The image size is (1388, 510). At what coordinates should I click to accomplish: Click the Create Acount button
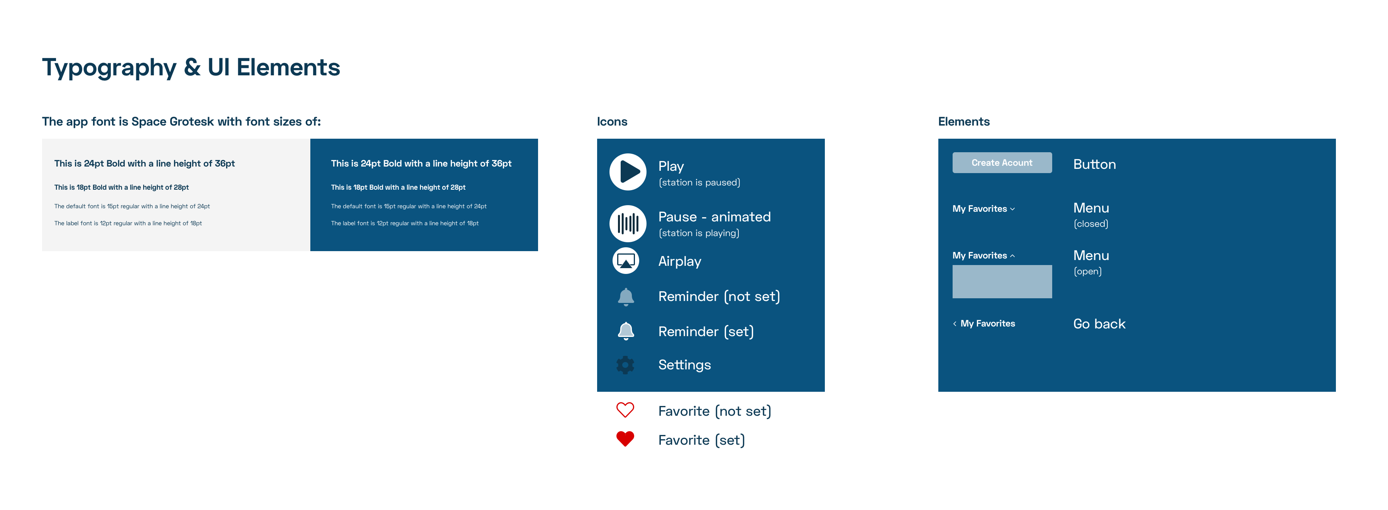coord(1002,163)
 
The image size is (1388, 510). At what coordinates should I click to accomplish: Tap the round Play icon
coord(628,172)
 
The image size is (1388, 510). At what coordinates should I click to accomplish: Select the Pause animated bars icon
coord(628,223)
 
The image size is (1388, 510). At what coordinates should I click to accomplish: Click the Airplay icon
coord(626,261)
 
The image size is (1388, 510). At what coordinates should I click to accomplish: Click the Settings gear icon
coord(625,365)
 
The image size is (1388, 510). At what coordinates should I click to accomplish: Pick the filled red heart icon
coord(625,439)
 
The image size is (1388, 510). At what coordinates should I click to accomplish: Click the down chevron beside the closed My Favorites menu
coord(1012,209)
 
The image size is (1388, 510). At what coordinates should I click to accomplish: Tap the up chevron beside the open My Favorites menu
coord(1012,255)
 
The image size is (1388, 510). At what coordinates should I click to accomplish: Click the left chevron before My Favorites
coord(955,323)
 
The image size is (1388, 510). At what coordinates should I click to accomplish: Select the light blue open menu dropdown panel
coord(1002,281)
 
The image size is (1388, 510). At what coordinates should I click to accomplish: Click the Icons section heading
coord(612,122)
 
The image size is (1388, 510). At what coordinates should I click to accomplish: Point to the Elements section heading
coord(963,122)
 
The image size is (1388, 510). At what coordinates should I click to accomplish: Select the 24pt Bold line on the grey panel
coord(144,164)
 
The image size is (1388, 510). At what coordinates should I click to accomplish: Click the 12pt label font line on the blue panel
coord(405,223)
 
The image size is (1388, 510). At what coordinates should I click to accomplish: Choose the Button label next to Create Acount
coord(1094,165)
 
